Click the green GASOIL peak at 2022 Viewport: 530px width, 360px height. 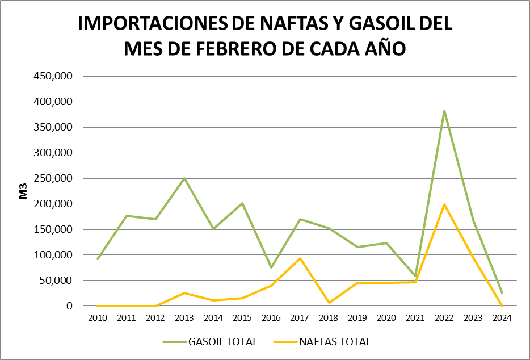(x=444, y=111)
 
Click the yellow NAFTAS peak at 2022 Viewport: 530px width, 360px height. (x=444, y=204)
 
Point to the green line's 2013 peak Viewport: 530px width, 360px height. (x=184, y=178)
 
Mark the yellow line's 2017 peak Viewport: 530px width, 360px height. (x=300, y=258)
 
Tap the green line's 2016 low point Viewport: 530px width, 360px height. (x=271, y=267)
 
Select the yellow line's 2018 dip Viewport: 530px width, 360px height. (x=329, y=303)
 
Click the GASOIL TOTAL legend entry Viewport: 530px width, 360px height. (x=210, y=342)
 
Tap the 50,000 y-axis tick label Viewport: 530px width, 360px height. (x=57, y=281)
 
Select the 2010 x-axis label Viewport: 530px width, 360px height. (x=98, y=318)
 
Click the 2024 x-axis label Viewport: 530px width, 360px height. (x=502, y=318)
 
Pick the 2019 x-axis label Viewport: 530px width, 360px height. (x=357, y=318)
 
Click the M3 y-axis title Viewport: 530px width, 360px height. (x=24, y=191)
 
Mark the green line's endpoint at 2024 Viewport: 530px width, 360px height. (x=502, y=293)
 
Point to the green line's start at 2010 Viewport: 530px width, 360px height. (x=98, y=259)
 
